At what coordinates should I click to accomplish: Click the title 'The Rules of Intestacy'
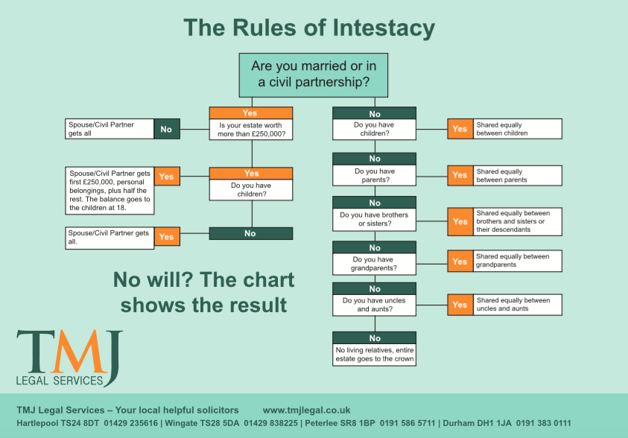coord(309,28)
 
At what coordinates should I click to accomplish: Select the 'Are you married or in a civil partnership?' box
coord(313,75)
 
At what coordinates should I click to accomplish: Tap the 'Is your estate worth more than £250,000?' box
coord(251,130)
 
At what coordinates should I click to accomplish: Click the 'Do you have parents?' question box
coord(374,175)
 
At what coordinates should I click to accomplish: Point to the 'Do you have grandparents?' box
coord(374,264)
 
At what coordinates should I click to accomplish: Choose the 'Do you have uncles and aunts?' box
coord(374,305)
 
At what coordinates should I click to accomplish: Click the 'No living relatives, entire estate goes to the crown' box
coord(374,355)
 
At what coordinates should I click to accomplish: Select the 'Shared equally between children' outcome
coord(517,129)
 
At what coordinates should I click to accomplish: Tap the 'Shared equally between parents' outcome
coord(517,175)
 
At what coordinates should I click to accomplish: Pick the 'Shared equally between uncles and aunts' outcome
coord(517,304)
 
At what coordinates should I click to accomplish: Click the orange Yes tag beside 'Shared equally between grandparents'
coord(460,261)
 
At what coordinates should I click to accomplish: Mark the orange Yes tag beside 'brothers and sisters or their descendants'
coord(460,221)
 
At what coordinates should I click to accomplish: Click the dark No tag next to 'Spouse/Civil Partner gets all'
coord(167,129)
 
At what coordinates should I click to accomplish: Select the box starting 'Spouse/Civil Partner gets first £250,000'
coord(110,191)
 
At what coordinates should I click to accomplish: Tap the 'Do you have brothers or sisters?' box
coord(374,220)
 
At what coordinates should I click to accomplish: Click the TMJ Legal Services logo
coord(69,358)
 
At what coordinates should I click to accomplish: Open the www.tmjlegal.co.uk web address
coord(306,410)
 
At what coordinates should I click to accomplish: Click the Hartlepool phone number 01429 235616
coord(131,423)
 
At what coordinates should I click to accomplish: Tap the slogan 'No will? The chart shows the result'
coord(203,292)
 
